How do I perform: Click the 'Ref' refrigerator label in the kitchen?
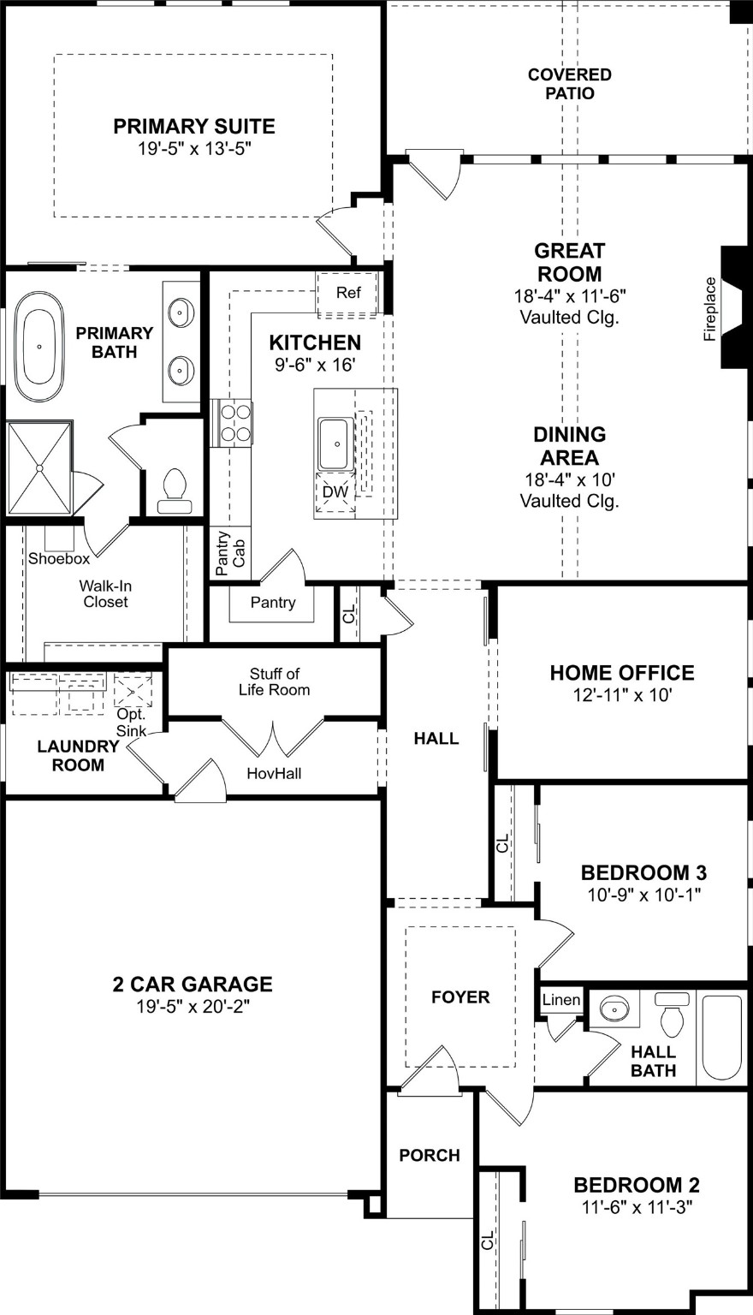[x=347, y=293]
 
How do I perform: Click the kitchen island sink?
[x=336, y=443]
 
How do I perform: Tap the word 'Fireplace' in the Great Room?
[x=709, y=309]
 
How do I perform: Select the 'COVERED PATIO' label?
[x=569, y=84]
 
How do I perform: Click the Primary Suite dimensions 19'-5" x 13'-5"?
[x=194, y=148]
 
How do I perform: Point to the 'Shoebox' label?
[x=59, y=559]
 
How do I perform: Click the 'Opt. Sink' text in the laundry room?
[x=132, y=722]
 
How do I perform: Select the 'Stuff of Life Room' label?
[x=274, y=681]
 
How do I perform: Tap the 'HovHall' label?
[x=274, y=773]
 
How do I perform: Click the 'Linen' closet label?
[x=561, y=1000]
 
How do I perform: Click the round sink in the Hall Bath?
[x=614, y=1010]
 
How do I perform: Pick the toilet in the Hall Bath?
[x=673, y=1015]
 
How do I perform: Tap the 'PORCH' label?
[x=430, y=1155]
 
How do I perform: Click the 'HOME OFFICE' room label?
[x=622, y=673]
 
